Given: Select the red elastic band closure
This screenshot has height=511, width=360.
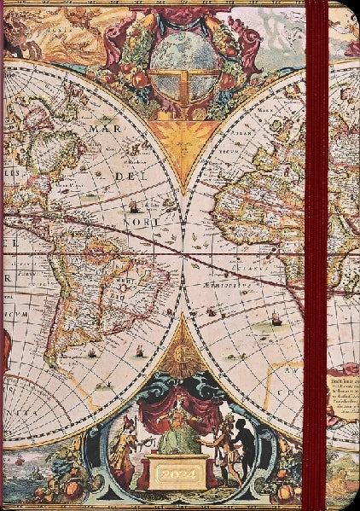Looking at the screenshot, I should coord(318,256).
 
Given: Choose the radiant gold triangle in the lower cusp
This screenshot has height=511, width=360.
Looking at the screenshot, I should coord(180,346).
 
